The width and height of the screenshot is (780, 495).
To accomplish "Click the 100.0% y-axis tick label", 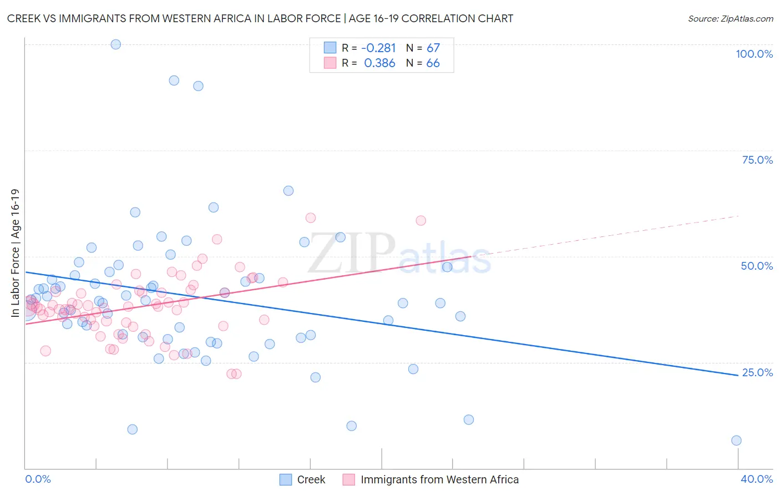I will (754, 54).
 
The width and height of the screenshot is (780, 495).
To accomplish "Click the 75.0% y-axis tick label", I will (757, 160).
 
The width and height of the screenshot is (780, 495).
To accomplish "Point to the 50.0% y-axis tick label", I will (757, 266).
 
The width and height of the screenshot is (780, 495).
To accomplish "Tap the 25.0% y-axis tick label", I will (757, 372).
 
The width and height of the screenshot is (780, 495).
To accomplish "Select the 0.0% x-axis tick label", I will (38, 479).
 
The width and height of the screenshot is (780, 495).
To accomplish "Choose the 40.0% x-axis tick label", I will (757, 479).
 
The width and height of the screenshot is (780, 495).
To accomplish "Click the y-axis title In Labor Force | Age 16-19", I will (15, 253).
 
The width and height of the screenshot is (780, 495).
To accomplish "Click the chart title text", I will (260, 18).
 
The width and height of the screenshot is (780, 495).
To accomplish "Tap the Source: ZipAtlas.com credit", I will (730, 18).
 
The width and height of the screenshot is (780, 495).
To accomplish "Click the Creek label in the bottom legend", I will (311, 479).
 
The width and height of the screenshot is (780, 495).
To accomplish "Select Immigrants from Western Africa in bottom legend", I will (439, 479).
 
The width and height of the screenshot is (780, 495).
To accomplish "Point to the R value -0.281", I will (378, 48).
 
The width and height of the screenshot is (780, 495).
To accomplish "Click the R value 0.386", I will (379, 63).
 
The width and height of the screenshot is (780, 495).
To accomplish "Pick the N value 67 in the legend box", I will (433, 48).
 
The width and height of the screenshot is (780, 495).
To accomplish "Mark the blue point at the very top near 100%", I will (116, 44).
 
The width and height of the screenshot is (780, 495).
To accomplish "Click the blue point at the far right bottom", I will (736, 441).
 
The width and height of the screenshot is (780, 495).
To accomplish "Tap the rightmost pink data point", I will (421, 220).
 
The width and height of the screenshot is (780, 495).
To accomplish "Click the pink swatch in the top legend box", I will (330, 63).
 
